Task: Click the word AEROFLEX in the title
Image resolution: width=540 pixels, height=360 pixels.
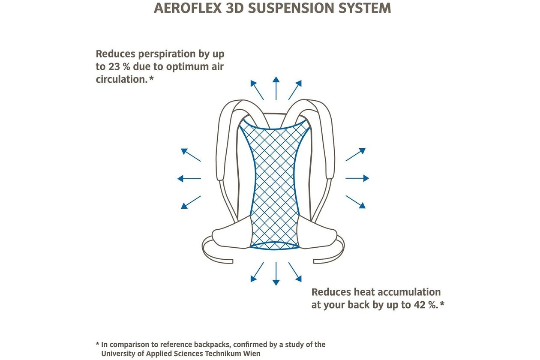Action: pyautogui.click(x=188, y=8)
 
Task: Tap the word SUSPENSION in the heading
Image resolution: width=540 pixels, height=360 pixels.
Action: pyautogui.click(x=291, y=8)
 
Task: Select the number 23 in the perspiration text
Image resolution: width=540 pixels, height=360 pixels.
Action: pyautogui.click(x=114, y=66)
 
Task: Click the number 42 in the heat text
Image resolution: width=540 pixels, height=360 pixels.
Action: pyautogui.click(x=420, y=305)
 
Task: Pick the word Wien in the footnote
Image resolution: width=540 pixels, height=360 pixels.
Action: pyautogui.click(x=252, y=354)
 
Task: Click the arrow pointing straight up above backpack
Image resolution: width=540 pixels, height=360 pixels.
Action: pyautogui.click(x=276, y=88)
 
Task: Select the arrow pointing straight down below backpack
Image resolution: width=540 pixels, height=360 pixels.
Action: pyautogui.click(x=276, y=274)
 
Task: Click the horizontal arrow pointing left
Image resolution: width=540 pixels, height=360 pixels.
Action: pyautogui.click(x=189, y=179)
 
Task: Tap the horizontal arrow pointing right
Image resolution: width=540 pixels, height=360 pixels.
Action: pyautogui.click(x=357, y=178)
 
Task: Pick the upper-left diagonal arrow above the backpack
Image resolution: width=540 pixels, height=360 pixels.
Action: pyautogui.click(x=257, y=90)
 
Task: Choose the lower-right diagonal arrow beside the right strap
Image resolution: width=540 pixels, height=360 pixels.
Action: pyautogui.click(x=356, y=202)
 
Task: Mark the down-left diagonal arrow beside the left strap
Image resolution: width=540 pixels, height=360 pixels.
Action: pyautogui.click(x=191, y=202)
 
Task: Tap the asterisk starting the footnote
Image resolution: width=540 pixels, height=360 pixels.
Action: pyautogui.click(x=97, y=344)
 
